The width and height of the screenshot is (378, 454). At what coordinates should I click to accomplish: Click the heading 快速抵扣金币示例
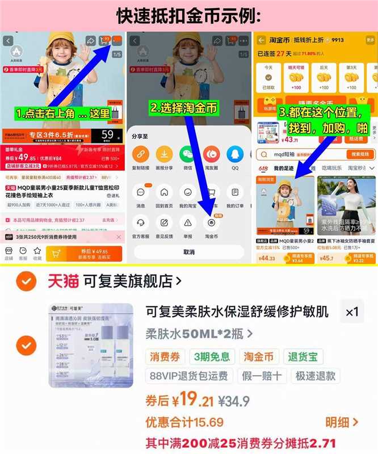click(188, 15)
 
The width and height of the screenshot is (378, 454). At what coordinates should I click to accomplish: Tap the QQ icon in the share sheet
click(234, 154)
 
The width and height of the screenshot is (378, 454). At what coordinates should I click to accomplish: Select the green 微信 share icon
click(187, 154)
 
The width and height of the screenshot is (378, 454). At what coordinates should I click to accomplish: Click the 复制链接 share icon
click(141, 154)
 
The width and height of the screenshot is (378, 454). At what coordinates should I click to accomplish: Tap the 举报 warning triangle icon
click(187, 222)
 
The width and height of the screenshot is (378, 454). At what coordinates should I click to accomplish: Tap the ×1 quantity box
click(352, 312)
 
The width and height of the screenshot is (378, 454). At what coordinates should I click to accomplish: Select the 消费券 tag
click(165, 356)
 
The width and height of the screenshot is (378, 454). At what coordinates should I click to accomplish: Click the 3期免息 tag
click(212, 356)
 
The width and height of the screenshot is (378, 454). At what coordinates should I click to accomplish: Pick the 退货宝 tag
click(303, 356)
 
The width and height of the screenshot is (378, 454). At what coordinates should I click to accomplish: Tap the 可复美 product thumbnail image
click(90, 346)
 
